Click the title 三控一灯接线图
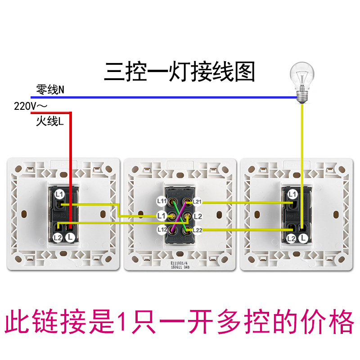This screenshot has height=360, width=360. coord(180,71)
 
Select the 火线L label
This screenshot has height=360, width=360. coord(49,121)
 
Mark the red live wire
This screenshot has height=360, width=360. coord(70,148)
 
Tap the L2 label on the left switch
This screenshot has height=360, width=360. coord(58,238)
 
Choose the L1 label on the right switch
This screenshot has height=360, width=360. coord(292,194)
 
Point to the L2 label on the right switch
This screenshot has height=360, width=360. coord(292,238)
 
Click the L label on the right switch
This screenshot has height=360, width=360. coord(305,238)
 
